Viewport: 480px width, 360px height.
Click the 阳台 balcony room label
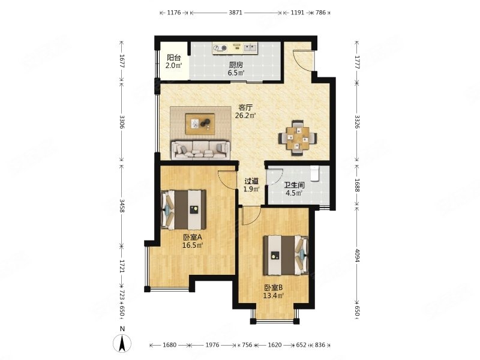(173, 58)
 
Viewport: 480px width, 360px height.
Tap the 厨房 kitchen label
(236, 65)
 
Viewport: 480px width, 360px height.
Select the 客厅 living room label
(245, 108)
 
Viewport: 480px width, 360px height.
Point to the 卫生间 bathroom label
(294, 185)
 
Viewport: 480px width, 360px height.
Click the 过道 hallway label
(251, 181)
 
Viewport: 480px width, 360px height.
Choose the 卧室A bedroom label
(193, 237)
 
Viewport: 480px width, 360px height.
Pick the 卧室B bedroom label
(274, 288)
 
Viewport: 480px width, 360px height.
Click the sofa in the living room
(200, 150)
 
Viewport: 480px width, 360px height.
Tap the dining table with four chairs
(297, 138)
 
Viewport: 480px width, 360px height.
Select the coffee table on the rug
(200, 124)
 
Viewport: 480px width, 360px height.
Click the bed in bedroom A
(184, 209)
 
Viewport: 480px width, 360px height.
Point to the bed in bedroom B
(286, 254)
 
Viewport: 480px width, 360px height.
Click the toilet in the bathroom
(314, 173)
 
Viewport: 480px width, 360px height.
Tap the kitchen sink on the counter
(250, 47)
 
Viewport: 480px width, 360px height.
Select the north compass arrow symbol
(122, 343)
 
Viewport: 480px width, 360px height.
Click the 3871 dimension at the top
(235, 13)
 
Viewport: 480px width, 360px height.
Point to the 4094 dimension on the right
(357, 254)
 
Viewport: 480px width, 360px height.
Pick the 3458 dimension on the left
(122, 206)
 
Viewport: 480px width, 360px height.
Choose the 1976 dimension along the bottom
(212, 345)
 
